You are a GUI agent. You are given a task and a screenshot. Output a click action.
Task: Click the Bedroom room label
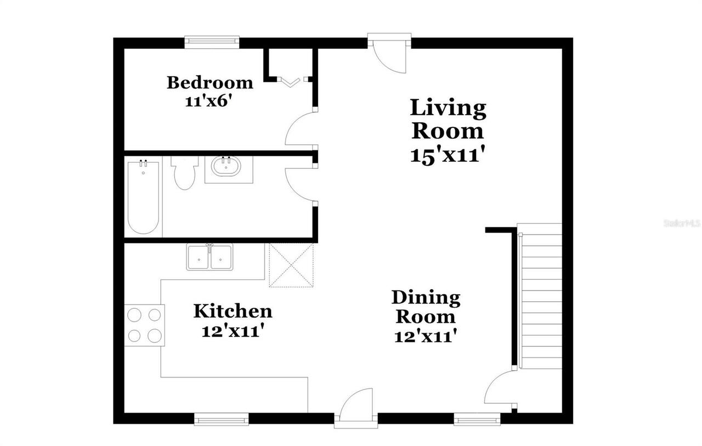pos(210,83)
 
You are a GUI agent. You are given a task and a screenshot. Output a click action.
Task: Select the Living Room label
pos(448,119)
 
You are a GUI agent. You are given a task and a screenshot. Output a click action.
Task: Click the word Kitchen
pos(233,311)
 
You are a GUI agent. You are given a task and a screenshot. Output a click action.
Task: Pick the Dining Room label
pos(426,307)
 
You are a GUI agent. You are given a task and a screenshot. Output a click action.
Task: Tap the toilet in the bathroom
pos(184,173)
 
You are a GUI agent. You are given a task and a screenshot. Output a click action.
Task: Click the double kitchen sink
pos(210,257)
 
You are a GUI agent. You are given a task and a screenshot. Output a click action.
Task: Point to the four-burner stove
pos(144,325)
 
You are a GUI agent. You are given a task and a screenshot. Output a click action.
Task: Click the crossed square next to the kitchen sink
pos(291,266)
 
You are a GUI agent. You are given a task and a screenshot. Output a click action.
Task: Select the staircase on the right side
pos(540,296)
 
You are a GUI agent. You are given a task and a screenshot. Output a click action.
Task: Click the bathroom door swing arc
pos(299,183)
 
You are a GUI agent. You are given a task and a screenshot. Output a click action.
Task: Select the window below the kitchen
pos(222,420)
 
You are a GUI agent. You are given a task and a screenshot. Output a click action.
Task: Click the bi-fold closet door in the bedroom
pos(291,82)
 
